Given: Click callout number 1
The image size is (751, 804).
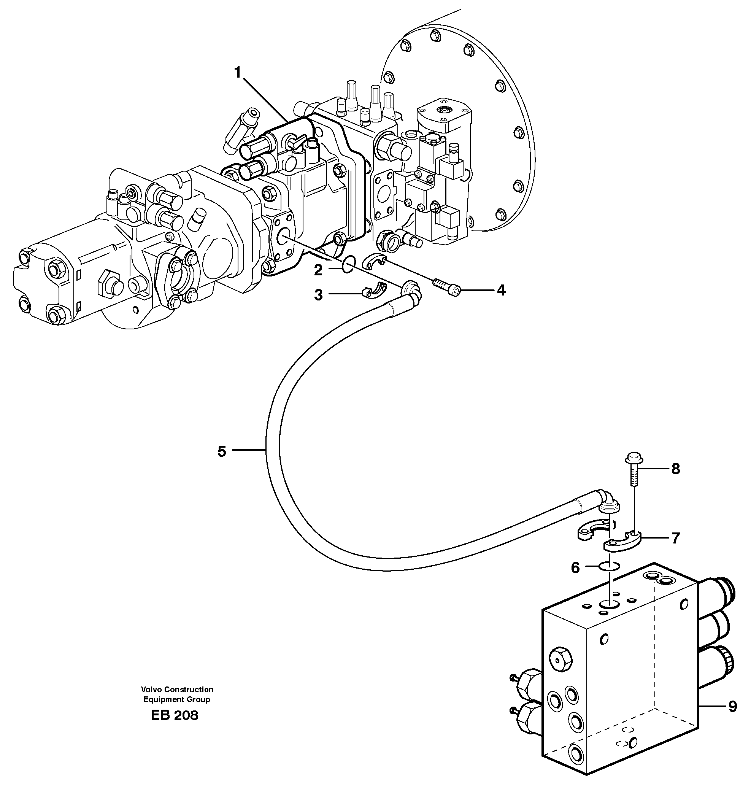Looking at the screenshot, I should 238,73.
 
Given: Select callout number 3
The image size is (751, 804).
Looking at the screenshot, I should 318,295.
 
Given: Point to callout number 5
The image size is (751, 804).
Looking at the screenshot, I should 222,451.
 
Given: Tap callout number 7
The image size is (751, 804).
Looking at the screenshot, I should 675,538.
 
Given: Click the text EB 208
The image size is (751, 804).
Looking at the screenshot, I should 174,715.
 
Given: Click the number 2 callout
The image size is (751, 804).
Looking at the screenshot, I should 318,270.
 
